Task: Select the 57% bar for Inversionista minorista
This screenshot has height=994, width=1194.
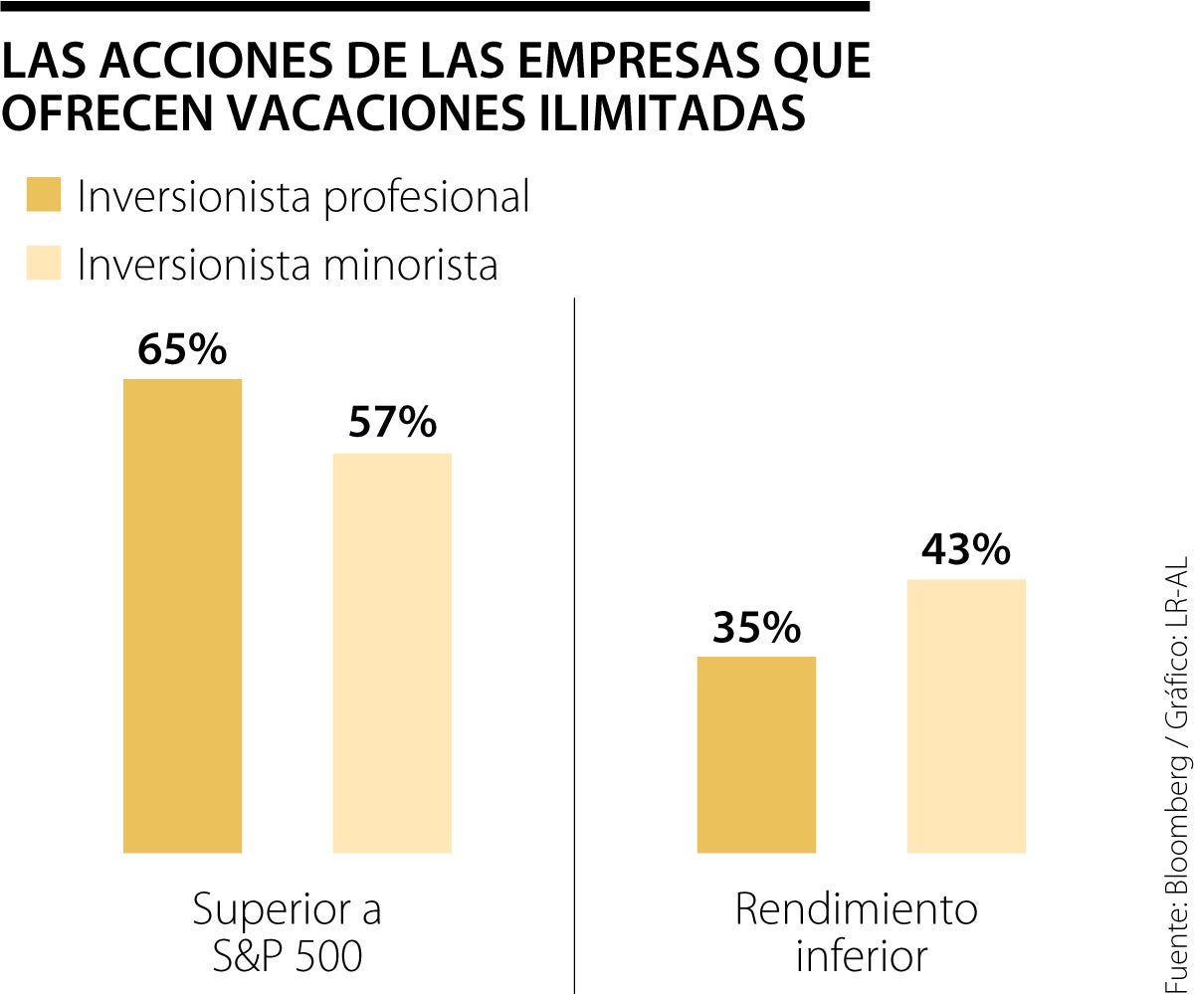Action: tap(392, 653)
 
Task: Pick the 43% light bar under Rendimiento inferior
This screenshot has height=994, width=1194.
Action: tap(966, 715)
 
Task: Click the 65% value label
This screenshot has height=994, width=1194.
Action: tap(182, 350)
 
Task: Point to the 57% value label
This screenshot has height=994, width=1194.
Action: tap(392, 424)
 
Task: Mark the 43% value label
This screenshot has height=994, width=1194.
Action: tap(966, 550)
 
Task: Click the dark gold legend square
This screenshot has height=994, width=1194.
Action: tap(44, 195)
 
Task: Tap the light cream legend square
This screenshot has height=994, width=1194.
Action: tap(44, 263)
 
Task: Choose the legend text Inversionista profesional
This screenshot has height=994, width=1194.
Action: tap(303, 197)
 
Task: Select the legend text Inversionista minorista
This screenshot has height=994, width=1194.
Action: tap(288, 265)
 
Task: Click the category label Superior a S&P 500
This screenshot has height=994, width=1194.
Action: tap(287, 932)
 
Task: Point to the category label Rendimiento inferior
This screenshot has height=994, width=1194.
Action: tap(857, 932)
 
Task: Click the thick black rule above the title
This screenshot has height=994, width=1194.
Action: tap(435, 6)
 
